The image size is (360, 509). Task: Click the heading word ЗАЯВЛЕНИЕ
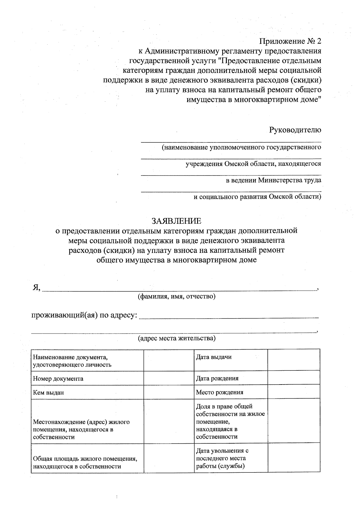[176, 221]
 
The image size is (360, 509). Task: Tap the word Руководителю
[295, 130]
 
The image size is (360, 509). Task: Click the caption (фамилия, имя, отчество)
[176, 297]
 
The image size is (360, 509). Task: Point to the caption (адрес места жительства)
[176, 338]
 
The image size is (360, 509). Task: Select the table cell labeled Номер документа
[87, 378]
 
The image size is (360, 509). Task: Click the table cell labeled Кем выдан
[87, 392]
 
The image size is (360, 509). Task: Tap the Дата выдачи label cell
[230, 360]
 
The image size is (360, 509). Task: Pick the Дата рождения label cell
[230, 378]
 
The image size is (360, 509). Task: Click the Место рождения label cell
[230, 392]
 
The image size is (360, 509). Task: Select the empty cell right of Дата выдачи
[294, 360]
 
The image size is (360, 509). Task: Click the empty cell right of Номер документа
[169, 378]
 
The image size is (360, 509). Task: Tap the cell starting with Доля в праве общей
[230, 421]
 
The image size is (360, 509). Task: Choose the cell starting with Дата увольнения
[230, 458]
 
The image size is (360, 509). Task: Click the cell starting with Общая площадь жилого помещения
[87, 462]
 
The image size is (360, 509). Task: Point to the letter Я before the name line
[36, 288]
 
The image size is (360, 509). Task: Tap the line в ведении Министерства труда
[273, 180]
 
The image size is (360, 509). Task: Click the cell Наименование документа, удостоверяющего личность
[87, 361]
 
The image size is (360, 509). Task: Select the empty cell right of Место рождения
[294, 392]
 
